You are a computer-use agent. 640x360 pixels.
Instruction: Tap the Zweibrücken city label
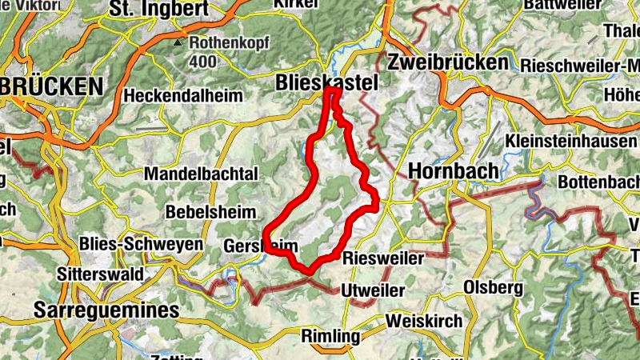pyautogui.click(x=446, y=62)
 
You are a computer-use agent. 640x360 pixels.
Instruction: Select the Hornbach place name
pyautogui.click(x=453, y=170)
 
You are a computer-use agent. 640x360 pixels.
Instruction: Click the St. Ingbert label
pyautogui.click(x=160, y=10)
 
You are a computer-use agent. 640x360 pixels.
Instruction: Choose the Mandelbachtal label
pyautogui.click(x=201, y=174)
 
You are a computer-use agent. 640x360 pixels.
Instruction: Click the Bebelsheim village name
pyautogui.click(x=211, y=213)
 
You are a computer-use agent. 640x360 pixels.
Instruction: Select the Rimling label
pyautogui.click(x=330, y=337)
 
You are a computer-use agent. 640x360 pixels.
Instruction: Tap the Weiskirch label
pyautogui.click(x=423, y=321)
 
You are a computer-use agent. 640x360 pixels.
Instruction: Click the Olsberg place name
pyautogui.click(x=493, y=286)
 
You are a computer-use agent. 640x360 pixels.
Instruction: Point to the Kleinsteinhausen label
pyautogui.click(x=572, y=141)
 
